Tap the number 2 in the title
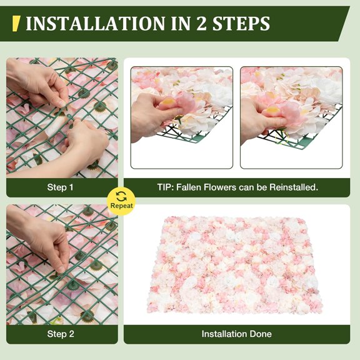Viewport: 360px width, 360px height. pos(204,24)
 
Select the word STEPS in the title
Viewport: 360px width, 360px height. pos(241,24)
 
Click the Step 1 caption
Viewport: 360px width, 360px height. pos(61,187)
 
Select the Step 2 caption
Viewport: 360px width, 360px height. pos(61,334)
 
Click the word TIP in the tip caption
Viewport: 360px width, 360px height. pos(165,187)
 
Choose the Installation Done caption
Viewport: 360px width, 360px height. pos(236,334)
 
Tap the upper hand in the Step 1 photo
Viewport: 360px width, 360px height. pos(37,84)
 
